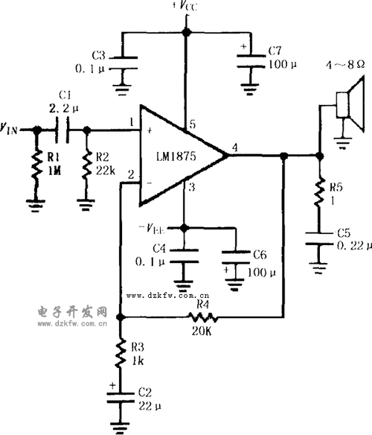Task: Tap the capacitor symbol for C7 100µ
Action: pyautogui.click(x=247, y=63)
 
